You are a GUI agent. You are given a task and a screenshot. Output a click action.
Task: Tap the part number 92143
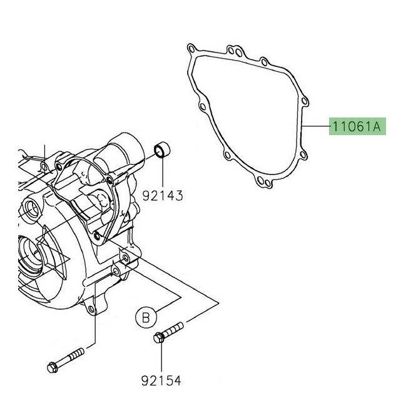click(162, 196)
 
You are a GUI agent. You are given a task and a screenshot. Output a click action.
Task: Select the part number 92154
click(160, 379)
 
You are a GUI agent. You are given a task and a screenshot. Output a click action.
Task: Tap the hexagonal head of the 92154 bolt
click(158, 339)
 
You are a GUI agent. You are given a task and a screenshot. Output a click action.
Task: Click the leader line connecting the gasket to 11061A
click(317, 127)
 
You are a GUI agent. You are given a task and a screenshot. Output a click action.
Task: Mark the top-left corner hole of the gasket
click(190, 49)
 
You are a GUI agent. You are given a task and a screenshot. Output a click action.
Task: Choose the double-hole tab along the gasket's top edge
click(235, 51)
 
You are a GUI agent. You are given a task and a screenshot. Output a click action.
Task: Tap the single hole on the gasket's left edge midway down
click(201, 108)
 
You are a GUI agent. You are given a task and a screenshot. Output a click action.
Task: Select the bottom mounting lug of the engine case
click(94, 310)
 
